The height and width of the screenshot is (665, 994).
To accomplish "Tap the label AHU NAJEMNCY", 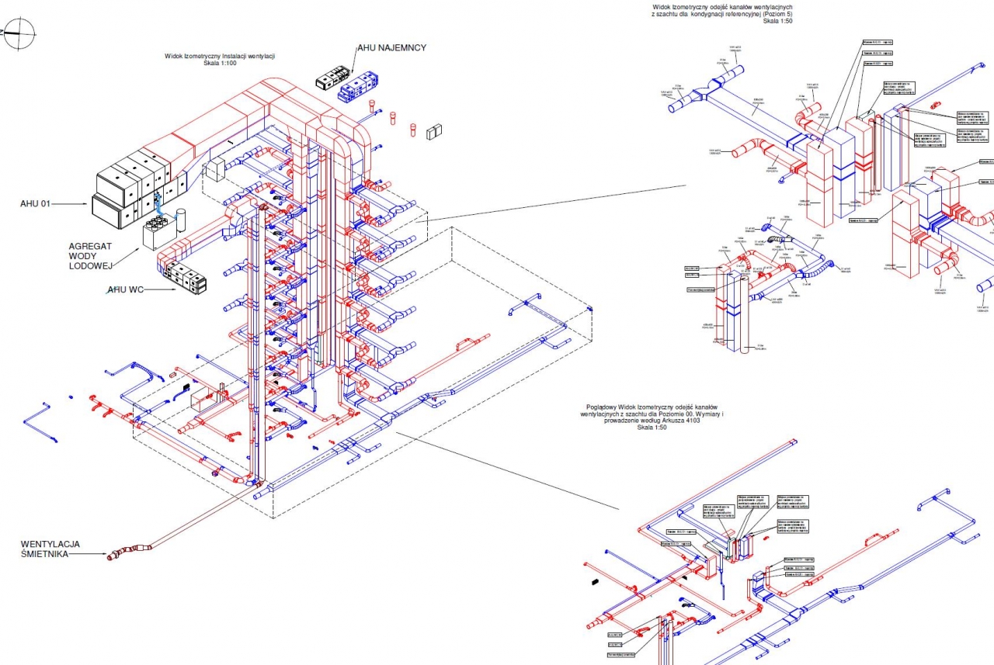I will pyautogui.click(x=391, y=47).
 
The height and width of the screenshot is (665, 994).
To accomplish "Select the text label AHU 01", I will pyautogui.click(x=35, y=204).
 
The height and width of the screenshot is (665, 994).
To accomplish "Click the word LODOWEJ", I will pyautogui.click(x=92, y=266).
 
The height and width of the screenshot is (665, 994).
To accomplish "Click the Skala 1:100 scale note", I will pyautogui.click(x=221, y=64).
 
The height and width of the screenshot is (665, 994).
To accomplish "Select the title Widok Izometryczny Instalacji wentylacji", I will pyautogui.click(x=221, y=56).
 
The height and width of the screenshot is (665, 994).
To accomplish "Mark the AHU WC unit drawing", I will pyautogui.click(x=186, y=277).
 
